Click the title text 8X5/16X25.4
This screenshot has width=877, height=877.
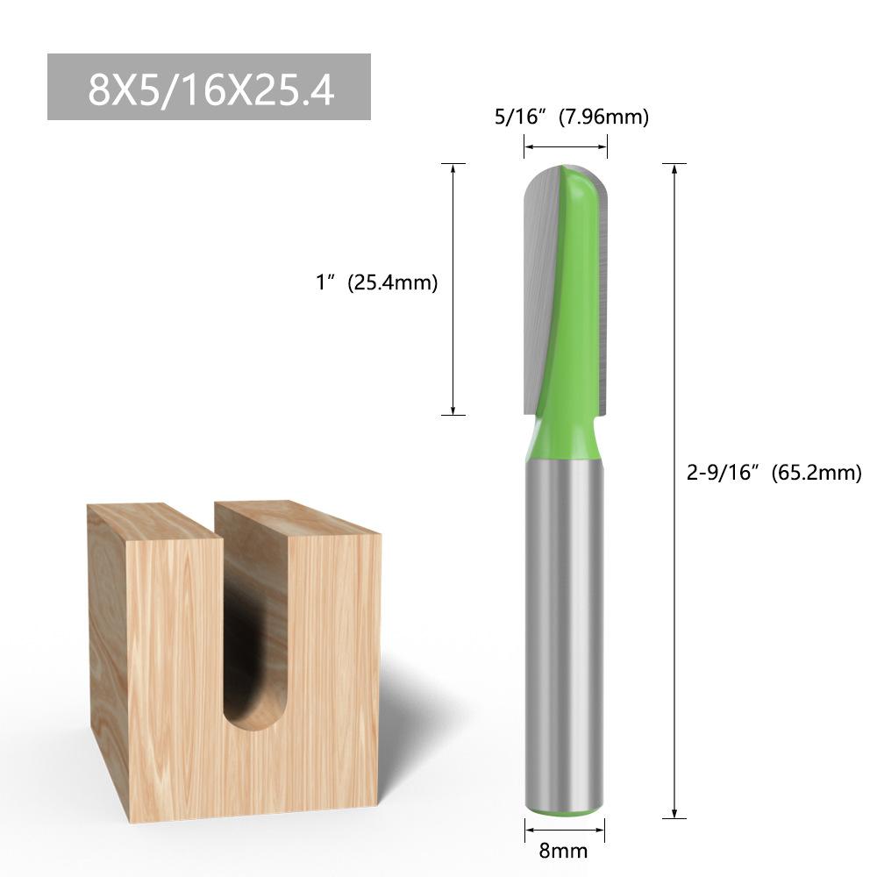(x=211, y=89)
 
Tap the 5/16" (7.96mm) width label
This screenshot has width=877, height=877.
(x=572, y=117)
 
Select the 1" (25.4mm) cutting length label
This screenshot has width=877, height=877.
(x=377, y=282)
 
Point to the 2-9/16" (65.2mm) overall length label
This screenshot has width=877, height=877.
(x=774, y=473)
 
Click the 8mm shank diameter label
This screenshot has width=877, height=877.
(x=563, y=851)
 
